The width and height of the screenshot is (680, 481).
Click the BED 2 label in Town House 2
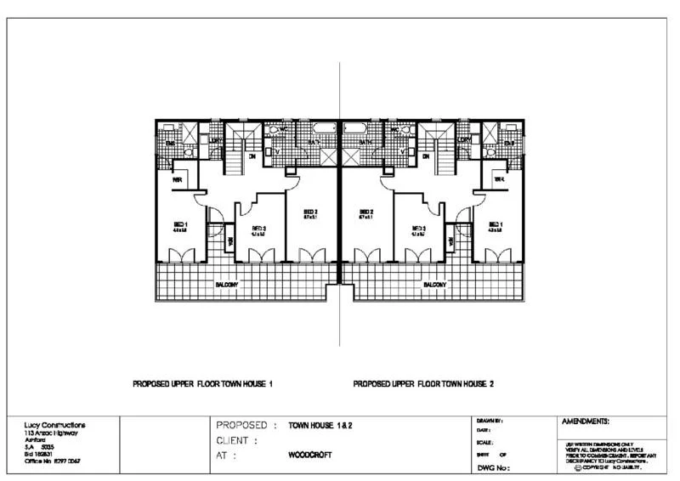[x=367, y=212]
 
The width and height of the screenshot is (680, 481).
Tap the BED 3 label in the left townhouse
[x=259, y=228]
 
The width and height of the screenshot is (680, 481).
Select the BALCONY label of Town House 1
[x=225, y=285]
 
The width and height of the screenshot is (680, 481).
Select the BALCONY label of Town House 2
[x=435, y=285]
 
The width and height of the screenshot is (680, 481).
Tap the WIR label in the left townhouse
[x=178, y=180]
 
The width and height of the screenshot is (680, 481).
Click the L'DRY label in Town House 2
[x=464, y=140]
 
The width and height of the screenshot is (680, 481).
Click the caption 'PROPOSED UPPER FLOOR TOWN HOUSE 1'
[x=202, y=383]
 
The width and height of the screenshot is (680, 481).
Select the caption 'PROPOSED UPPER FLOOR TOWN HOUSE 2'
[x=423, y=383]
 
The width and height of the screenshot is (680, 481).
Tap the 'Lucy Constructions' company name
[x=55, y=424]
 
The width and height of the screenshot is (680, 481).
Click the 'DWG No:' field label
[x=493, y=467]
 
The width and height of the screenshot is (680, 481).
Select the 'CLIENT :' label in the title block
[x=236, y=440]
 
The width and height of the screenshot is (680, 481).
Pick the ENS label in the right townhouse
[x=509, y=144]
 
